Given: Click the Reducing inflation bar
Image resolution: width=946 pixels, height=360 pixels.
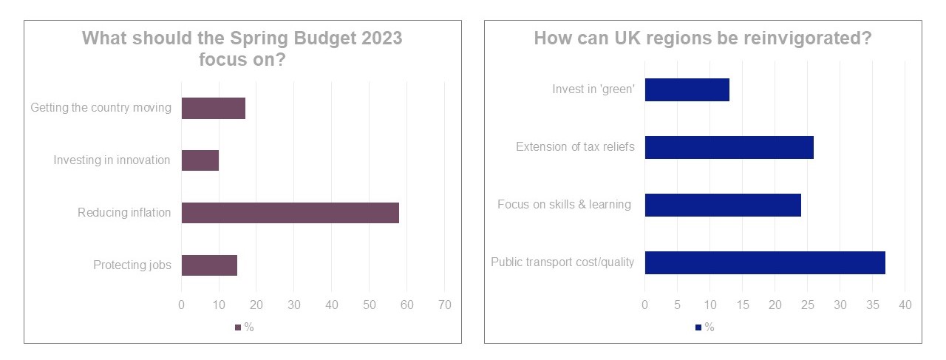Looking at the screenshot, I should coord(290,213).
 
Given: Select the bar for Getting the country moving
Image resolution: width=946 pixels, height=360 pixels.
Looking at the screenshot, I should coord(213,108).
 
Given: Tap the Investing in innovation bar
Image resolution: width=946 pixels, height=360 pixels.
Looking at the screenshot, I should coord(200,160).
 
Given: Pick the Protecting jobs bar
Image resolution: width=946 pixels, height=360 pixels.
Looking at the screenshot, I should coord(209,265).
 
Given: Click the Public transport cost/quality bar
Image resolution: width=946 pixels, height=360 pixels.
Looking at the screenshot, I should coord(765,262).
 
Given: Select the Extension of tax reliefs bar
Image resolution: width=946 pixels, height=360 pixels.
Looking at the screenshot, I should coord(729,147).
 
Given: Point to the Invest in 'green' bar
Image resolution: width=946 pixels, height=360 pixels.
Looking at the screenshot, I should coord(687,89).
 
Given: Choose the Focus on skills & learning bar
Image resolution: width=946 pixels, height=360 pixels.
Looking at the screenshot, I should coord(723,205).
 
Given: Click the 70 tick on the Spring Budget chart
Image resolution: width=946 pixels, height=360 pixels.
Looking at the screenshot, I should coord(444,305).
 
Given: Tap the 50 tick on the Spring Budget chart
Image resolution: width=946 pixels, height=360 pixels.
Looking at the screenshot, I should coord(369,305).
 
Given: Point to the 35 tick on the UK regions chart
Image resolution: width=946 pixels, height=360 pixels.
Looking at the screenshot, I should coord(873,305).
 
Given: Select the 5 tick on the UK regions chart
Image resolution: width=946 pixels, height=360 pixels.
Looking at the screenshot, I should coord(677,305).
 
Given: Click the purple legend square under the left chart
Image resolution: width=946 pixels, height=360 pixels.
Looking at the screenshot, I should coord(238,327).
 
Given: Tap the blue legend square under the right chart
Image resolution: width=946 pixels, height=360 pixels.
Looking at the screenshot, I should coord(698,327).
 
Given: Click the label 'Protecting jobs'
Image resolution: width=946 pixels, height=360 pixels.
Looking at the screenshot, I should coord(132,265).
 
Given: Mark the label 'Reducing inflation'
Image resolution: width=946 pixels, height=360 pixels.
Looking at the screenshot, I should coord(124,213).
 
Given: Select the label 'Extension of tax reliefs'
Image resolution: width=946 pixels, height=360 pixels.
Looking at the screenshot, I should coord(575,147).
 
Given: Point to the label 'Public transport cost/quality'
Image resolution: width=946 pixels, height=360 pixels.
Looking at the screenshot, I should coord(562,262).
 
